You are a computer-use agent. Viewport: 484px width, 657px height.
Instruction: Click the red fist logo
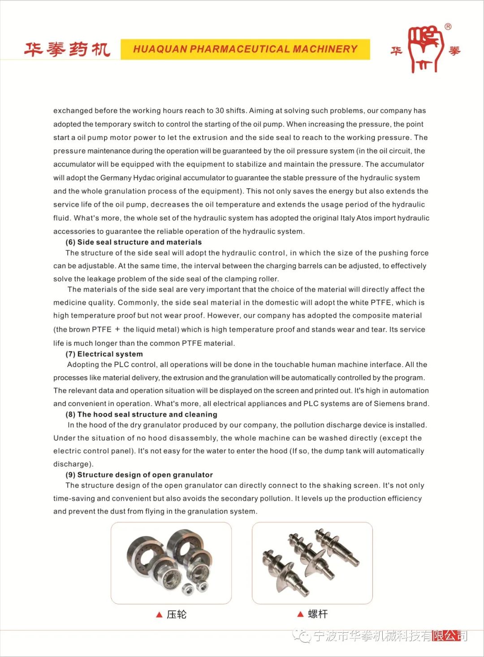tap(425, 48)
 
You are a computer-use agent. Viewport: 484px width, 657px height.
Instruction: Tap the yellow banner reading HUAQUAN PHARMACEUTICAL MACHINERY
tap(245, 49)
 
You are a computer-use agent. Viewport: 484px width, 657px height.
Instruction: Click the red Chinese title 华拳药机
tap(67, 49)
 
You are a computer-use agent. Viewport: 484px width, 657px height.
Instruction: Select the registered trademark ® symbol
tap(448, 27)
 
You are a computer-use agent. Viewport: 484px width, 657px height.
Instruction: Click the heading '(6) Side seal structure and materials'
tap(134, 242)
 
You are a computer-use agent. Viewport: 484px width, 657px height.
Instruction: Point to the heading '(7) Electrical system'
tap(104, 354)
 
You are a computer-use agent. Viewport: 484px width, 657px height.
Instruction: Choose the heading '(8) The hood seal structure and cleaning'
tap(141, 414)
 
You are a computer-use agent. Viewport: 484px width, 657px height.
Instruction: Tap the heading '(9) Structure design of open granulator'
tap(139, 475)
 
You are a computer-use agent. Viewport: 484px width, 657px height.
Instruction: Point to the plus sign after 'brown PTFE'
tap(117, 329)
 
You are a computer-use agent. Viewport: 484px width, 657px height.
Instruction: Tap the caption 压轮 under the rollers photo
tap(176, 614)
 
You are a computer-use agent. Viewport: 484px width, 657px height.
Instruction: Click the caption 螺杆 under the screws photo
tap(318, 614)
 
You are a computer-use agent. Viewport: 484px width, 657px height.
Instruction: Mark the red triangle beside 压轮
tap(159, 615)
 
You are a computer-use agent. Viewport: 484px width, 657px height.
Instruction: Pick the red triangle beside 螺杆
tap(300, 614)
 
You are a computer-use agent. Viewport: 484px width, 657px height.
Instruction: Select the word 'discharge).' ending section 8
tap(73, 464)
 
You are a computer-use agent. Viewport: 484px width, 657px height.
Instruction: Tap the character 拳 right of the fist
tap(454, 51)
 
